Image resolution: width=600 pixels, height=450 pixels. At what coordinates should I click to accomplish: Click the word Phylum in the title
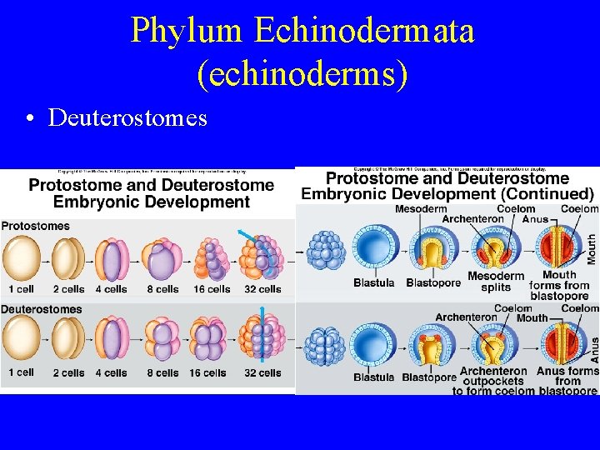click(187, 32)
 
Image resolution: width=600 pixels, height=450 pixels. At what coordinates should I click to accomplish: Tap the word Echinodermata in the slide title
click(364, 32)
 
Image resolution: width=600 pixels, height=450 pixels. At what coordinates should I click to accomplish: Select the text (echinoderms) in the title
click(302, 73)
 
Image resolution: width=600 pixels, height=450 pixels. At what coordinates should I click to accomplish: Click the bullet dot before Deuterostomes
click(29, 119)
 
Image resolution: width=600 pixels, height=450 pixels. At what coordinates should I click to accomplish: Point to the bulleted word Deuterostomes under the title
click(127, 118)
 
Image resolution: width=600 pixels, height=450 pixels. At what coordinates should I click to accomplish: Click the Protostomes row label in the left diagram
click(36, 226)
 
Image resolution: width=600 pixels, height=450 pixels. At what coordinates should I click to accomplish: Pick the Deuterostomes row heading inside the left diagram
click(42, 309)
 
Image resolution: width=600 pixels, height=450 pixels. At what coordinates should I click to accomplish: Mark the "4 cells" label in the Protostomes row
click(111, 289)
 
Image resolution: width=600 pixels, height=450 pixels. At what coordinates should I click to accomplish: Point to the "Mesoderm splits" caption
click(496, 282)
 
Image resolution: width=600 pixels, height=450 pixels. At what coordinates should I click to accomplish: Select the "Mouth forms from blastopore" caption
click(559, 285)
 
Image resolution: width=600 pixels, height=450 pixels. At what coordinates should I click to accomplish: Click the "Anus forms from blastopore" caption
click(567, 381)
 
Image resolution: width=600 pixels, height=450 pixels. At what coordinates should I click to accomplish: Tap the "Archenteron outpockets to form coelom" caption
click(493, 381)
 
